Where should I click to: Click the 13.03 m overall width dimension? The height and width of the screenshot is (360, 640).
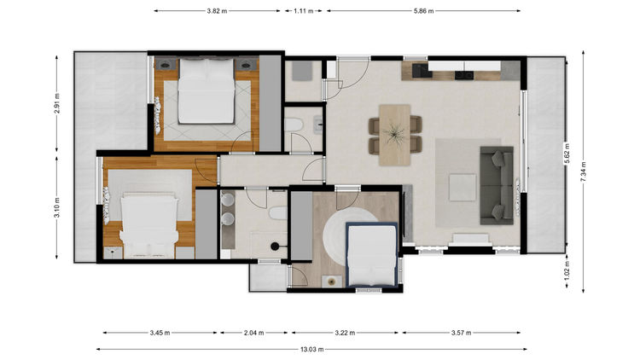[x=311, y=350]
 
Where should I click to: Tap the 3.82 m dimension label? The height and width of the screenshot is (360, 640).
[x=217, y=11]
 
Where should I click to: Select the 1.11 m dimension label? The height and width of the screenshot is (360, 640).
[x=303, y=11]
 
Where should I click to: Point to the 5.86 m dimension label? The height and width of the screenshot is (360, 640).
[x=423, y=11]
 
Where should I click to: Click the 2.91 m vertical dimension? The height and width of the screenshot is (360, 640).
[x=56, y=104]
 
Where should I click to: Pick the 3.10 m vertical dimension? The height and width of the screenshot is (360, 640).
[x=56, y=207]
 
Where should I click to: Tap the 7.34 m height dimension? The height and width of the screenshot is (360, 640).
[x=584, y=171]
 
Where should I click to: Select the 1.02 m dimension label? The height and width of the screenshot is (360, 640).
[x=567, y=270]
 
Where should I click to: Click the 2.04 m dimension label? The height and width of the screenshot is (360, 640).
[x=254, y=333]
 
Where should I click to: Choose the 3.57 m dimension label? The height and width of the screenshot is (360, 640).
[x=461, y=333]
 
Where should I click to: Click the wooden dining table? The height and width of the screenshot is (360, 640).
[x=395, y=135]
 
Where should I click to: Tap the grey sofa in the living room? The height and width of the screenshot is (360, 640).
[x=497, y=185]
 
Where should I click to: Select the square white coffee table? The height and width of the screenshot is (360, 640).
[x=463, y=188]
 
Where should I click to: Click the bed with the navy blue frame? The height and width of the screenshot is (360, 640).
[x=372, y=255]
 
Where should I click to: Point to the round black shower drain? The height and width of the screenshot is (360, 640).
[x=275, y=247]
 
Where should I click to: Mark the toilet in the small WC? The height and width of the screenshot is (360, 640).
[x=294, y=124]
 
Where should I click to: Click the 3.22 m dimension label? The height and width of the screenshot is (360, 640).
[x=345, y=333]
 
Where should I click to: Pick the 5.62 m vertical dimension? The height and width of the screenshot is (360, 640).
[x=567, y=153]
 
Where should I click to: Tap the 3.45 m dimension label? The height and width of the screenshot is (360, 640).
[x=160, y=333]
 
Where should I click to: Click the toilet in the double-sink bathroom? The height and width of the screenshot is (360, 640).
[x=279, y=213]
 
